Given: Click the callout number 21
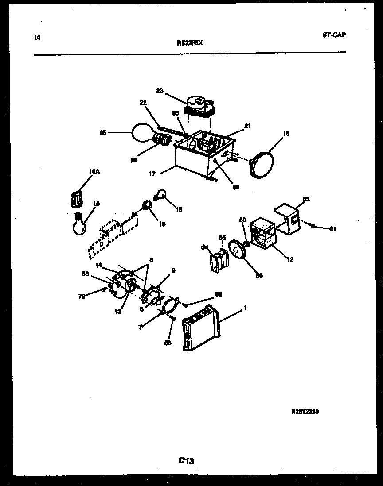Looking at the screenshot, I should click(x=247, y=126).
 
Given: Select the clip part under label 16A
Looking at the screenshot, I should click(x=77, y=199).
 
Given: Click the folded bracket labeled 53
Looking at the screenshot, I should click(x=288, y=218).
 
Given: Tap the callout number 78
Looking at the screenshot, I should click(x=82, y=296).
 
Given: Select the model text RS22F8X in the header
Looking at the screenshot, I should click(x=190, y=43).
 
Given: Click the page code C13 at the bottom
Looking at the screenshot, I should click(x=187, y=461).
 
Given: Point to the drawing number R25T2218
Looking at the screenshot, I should click(x=305, y=412).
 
